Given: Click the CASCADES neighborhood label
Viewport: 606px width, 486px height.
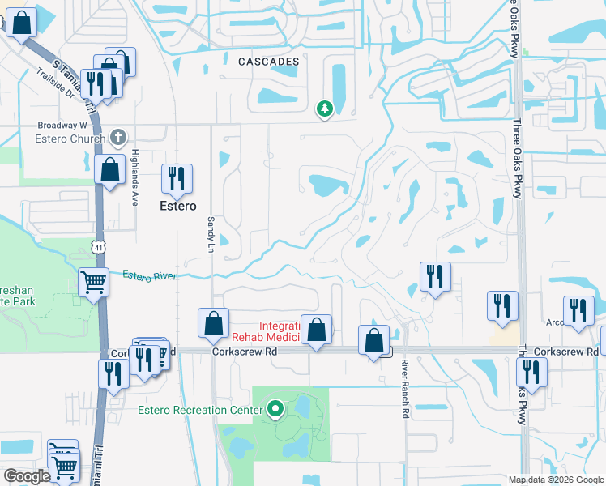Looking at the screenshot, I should (x=269, y=62).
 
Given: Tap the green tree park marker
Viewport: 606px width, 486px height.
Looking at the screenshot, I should (x=325, y=108).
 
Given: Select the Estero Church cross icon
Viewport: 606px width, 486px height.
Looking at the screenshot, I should (x=118, y=138).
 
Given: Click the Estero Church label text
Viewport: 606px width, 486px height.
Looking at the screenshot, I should (x=70, y=139).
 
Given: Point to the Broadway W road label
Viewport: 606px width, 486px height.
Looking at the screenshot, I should (x=62, y=126).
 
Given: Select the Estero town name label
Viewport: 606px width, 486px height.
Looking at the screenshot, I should (x=177, y=206).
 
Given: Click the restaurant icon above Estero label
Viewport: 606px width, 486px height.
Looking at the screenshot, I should (x=176, y=179).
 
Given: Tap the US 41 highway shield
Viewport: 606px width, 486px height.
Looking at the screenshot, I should (x=97, y=245).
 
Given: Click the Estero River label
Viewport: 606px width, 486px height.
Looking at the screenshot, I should (x=150, y=276).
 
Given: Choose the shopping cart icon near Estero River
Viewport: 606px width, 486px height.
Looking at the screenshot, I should (x=94, y=283).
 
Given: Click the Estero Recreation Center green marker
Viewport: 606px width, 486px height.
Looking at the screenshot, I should (x=275, y=410).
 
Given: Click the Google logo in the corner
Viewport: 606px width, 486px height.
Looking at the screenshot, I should (x=26, y=476).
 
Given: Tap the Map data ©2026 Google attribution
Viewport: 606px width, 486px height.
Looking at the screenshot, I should (x=556, y=480).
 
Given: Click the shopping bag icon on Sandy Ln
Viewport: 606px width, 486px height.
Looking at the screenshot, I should (x=213, y=323).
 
